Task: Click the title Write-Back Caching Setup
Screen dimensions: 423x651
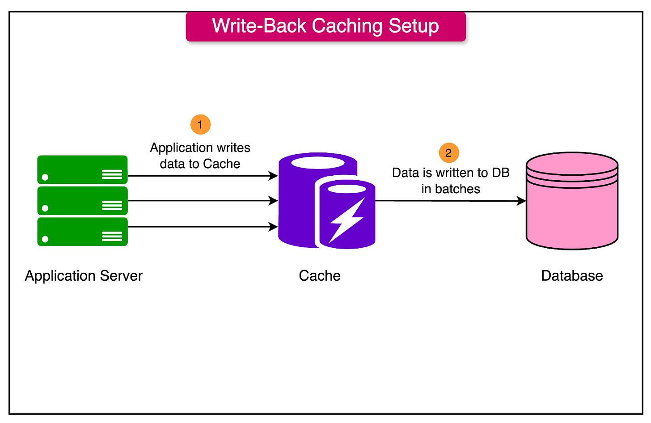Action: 325,26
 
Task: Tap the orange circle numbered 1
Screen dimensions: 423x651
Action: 200,124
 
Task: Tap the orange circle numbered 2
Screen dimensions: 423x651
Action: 448,153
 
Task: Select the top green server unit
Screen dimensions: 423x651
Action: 82,170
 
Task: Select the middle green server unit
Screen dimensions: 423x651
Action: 82,201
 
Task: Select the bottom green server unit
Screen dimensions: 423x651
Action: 82,232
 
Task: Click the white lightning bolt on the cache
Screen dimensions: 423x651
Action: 346,220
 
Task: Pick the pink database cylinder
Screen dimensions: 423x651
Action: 572,210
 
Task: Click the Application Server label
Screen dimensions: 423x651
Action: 84,276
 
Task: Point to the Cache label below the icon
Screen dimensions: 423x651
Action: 319,276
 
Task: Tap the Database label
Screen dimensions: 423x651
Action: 572,276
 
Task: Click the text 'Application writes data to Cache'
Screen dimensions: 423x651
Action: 200,156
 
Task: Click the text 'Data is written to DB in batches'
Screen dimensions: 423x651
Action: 451,181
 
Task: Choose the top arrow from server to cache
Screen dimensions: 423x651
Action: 201,176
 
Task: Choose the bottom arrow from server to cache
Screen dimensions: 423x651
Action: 201,227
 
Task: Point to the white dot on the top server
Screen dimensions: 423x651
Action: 45,178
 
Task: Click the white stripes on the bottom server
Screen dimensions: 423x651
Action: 112,237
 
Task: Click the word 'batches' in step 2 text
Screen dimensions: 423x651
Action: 457,189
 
